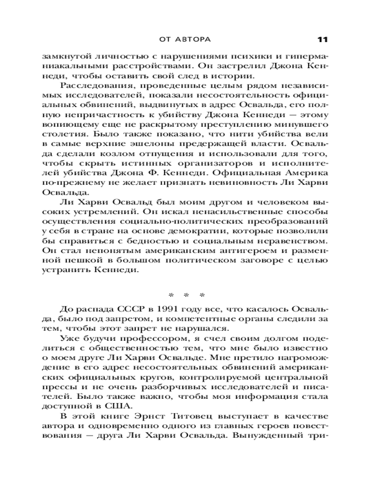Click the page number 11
323,38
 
